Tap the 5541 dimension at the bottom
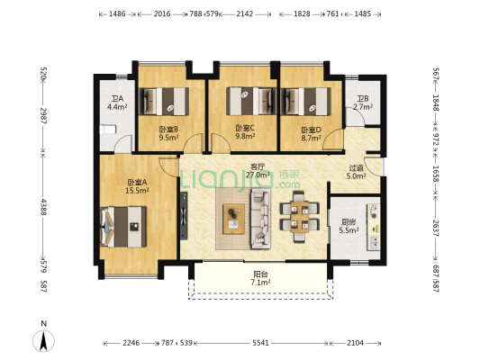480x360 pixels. click(260, 343)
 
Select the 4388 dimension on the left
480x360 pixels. click(44, 207)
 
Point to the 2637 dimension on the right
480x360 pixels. click(436, 229)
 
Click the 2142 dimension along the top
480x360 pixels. click(245, 13)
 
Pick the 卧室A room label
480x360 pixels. click(137, 183)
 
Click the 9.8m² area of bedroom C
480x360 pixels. click(245, 136)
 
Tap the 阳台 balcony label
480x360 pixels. click(260, 274)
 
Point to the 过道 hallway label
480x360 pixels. click(357, 168)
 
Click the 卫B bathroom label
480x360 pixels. click(363, 99)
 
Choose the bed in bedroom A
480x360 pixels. click(123, 227)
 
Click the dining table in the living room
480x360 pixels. click(300, 216)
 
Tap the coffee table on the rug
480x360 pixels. click(233, 219)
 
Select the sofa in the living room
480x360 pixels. click(261, 219)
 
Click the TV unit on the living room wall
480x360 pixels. click(184, 216)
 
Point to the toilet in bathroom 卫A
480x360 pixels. click(108, 130)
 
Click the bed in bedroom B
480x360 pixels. click(164, 102)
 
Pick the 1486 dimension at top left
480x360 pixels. click(117, 13)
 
